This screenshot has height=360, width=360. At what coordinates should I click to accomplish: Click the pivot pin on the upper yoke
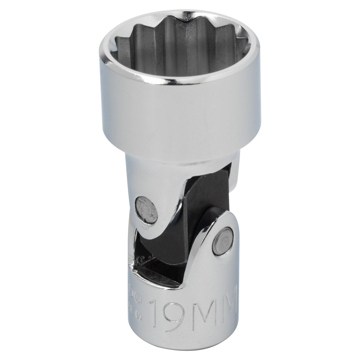point(146,210)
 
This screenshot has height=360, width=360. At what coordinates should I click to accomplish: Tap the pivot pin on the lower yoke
point(224,241)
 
